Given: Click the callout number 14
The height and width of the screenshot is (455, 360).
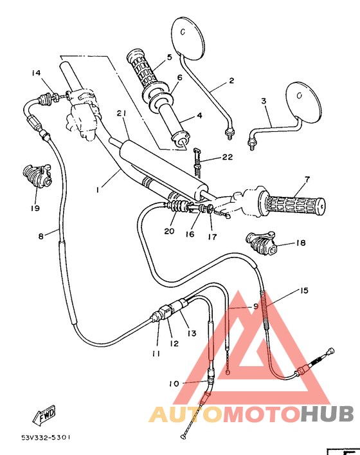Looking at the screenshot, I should tap(35, 73).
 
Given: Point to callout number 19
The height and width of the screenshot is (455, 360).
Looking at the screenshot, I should tap(33, 208).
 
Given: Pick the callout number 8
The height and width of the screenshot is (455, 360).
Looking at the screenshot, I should tap(41, 236).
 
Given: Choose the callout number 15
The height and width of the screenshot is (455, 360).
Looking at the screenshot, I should tap(303, 291).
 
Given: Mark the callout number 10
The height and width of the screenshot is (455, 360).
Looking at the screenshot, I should tap(174, 384).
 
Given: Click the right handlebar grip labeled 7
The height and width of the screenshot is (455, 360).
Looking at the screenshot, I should tap(292, 204).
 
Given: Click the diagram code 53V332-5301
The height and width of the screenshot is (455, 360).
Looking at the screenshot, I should tap(46, 437).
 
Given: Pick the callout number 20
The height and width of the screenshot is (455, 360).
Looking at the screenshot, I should tap(169, 232).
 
